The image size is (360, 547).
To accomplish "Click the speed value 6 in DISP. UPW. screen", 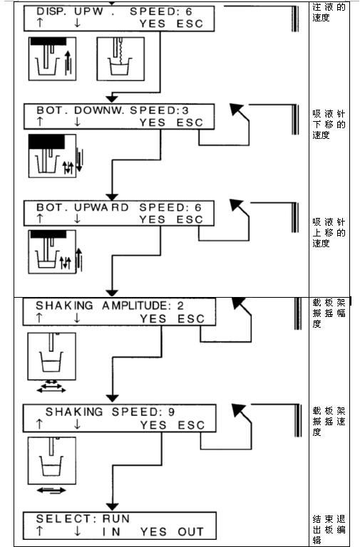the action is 189,12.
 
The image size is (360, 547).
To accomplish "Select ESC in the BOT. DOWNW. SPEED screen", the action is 190,123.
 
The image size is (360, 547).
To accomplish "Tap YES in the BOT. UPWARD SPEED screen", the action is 153,219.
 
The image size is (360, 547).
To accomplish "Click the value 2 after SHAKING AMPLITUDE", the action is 180,306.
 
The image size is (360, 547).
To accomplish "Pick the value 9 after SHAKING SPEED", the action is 171,412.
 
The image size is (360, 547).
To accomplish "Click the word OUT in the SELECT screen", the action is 190,531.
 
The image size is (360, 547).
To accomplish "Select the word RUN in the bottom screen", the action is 116,519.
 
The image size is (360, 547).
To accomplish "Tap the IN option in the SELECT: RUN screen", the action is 111,531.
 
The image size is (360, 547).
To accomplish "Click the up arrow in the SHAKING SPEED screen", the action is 39,424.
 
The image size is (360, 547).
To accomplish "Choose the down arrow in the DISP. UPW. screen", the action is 77,23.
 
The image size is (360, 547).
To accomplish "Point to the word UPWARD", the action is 101,207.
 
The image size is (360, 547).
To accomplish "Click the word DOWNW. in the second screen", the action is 99,110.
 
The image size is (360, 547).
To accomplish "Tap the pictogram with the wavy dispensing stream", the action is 120,59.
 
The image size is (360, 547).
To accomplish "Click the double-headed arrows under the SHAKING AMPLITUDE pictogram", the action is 51,387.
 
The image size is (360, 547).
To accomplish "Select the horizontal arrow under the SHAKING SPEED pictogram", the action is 51,491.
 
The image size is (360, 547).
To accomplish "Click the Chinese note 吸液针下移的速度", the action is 329,125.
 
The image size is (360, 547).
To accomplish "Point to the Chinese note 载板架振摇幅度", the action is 329,313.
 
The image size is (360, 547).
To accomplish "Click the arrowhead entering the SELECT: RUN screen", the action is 112,506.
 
